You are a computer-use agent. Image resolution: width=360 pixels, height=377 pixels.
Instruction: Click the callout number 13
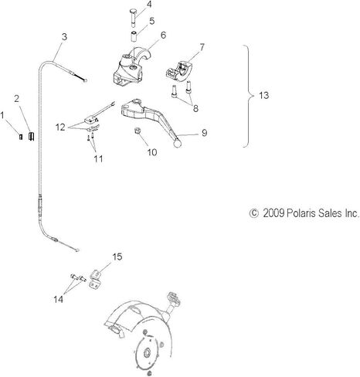(x=263, y=95)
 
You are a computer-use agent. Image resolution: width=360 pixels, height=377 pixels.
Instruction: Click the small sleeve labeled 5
(x=134, y=36)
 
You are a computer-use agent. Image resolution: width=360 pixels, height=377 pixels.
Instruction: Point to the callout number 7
(x=202, y=47)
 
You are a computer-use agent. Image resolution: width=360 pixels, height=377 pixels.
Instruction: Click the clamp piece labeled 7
(x=178, y=71)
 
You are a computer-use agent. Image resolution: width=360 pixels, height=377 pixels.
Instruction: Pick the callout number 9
(x=204, y=133)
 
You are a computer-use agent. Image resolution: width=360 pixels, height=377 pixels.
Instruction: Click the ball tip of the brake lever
(x=178, y=144)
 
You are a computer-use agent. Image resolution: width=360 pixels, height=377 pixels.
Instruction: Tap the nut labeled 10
(x=138, y=131)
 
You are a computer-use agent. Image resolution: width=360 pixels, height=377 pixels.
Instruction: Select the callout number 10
(x=152, y=152)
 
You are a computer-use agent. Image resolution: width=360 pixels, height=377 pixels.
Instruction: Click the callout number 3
(x=64, y=37)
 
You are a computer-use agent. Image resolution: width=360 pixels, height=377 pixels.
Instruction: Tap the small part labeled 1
(x=21, y=137)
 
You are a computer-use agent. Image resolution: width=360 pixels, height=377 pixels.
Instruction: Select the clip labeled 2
(x=32, y=136)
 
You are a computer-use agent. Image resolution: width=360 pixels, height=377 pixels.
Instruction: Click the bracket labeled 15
(x=94, y=279)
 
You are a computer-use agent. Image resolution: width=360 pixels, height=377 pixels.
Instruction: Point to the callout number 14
(x=58, y=299)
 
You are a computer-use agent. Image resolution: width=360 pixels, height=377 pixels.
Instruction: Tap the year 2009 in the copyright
(x=273, y=213)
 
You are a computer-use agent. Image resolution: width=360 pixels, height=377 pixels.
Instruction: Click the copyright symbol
(x=253, y=213)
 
